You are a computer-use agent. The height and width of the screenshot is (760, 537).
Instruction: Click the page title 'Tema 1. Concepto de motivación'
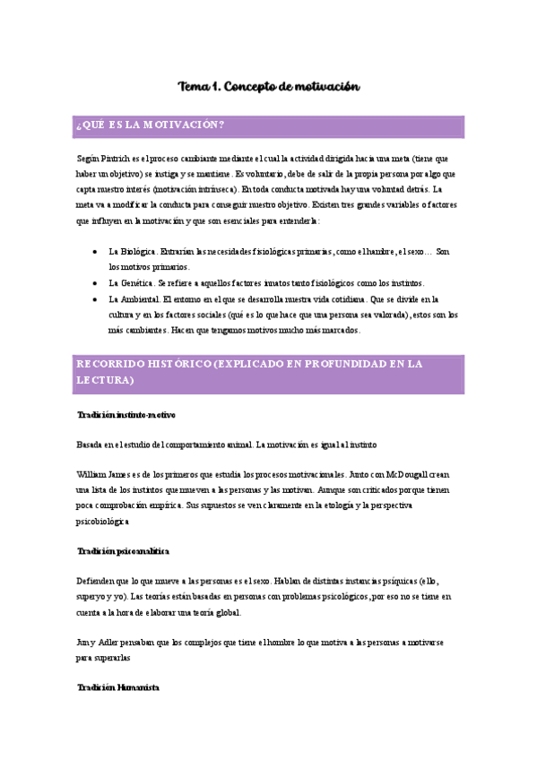[x=269, y=87]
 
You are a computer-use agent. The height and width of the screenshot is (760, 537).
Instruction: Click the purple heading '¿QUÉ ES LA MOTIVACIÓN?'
[x=150, y=125]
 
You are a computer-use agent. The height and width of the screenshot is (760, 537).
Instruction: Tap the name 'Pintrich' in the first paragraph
[x=118, y=158]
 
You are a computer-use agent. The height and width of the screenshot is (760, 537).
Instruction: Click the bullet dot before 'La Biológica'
[x=95, y=253]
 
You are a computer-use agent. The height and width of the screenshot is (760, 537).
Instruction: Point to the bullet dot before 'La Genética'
[x=95, y=283]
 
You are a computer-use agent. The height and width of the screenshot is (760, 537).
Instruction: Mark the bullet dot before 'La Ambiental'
[x=95, y=298]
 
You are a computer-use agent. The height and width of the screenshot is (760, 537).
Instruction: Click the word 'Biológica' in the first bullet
[x=139, y=253]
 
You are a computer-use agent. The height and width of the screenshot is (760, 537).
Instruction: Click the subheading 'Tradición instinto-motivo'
[x=126, y=415]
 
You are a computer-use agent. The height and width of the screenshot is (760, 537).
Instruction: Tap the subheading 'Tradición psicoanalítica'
[x=124, y=550]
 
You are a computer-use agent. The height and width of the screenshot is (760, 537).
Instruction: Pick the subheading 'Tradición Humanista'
[x=118, y=687]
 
